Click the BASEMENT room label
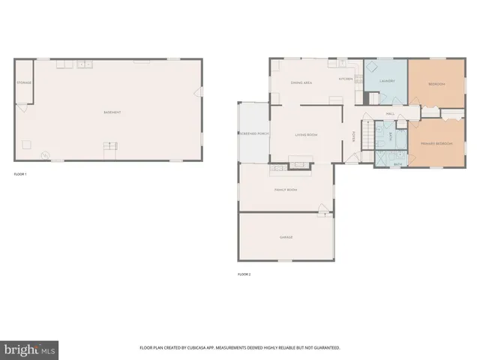point(112,112)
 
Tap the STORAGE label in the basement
point(24,83)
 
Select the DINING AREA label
point(301,82)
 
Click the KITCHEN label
point(346,79)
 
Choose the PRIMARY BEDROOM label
point(436,142)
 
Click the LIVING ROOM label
point(306,135)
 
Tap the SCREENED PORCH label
point(253,133)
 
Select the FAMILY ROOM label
point(286,190)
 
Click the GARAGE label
point(286,237)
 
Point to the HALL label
point(390,114)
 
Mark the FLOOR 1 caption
point(20,174)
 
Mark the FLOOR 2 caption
point(244,274)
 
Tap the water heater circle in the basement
point(44,155)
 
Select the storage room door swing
point(24,108)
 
